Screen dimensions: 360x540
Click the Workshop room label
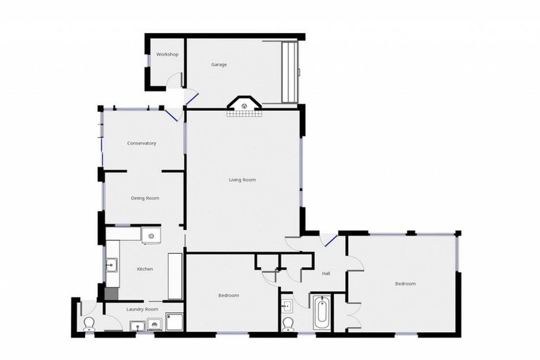pos(167,54)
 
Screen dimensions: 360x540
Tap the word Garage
pos(219,65)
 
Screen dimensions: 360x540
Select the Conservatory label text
pos(141,143)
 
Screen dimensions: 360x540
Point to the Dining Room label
pos(145,198)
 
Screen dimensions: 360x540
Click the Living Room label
pos(242,180)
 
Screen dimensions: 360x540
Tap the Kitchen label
pos(145,269)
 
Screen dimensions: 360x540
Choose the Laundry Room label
pos(142,309)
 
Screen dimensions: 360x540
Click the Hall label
pos(326,274)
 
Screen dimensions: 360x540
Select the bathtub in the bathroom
pos(321,313)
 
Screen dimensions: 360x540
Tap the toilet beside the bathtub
pos(287,323)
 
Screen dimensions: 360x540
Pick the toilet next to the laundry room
pos(89,323)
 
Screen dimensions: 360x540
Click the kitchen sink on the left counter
pos(112,265)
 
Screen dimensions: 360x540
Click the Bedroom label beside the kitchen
pos(229,295)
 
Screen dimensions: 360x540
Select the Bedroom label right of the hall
pos(405,283)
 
